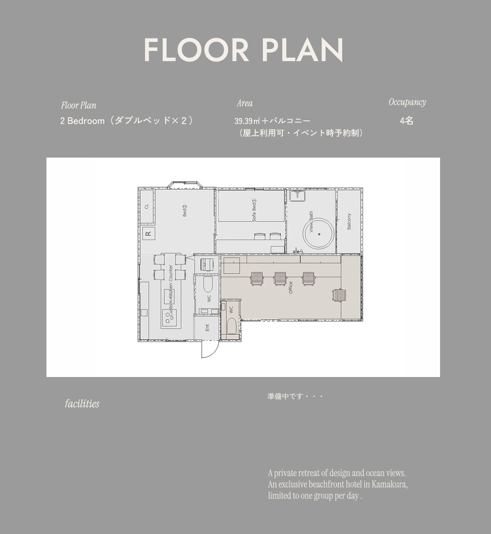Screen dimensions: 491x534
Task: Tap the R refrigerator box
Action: coord(148,234)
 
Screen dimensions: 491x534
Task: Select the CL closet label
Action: coord(146,206)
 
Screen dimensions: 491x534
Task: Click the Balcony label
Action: coord(349,221)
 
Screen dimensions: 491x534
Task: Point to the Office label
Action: coord(291,288)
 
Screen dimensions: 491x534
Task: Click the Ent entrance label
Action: coord(207,328)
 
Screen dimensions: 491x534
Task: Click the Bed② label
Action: coord(185,210)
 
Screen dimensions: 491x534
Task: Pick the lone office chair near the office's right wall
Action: coord(339,295)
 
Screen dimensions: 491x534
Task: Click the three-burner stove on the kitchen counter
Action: coord(167,317)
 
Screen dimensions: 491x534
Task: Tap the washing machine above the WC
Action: coord(207,264)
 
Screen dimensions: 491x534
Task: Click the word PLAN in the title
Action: coord(303,50)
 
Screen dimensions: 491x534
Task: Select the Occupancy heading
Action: coord(407,102)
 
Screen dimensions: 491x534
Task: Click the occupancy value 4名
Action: coord(406,121)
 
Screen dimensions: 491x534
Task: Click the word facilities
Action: coord(82,403)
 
